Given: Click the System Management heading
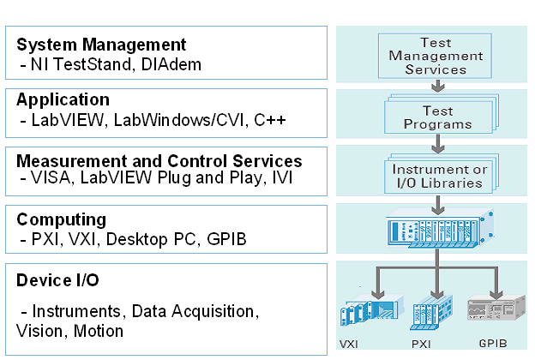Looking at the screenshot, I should click(x=101, y=44).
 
